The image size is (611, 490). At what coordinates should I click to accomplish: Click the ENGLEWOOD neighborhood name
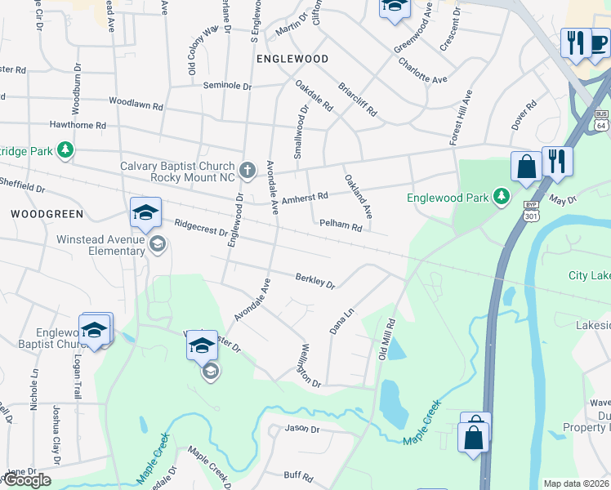(x=292, y=60)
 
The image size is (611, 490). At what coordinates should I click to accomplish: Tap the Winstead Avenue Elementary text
(x=100, y=245)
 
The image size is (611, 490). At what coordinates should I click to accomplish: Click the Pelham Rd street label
(x=341, y=225)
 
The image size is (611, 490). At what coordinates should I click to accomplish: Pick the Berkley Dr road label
(x=316, y=282)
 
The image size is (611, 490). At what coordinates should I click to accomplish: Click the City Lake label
(x=589, y=276)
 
